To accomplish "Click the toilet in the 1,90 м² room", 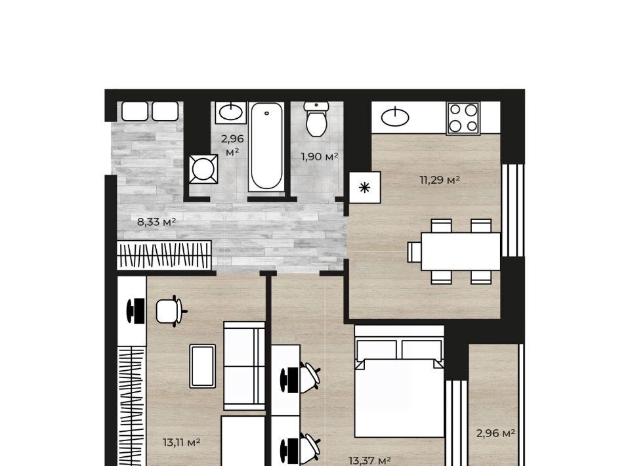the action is pos(316,119).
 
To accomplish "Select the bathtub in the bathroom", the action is pos(266,146).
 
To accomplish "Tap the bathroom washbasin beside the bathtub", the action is pos(230,112).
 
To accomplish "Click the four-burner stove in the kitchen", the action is pos(463,118).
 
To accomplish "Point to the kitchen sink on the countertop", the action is pos(395,117).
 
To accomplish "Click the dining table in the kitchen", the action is pos(461,251).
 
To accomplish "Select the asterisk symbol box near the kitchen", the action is pos(365,187).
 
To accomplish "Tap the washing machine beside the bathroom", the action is pos(203,169).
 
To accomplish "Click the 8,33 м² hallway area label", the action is pos(157,222).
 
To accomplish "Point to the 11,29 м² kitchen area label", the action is pos(440,180).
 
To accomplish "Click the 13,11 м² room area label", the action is pos(182,442).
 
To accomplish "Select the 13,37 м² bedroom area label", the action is pos(369,460).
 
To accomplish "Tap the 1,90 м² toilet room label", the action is pos(320,157).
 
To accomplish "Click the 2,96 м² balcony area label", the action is pos(496,433).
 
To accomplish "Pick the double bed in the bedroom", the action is pos(400,381).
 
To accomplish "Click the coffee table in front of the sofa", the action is pos(203,366).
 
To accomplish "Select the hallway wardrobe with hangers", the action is pos(164,255).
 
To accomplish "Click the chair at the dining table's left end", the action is pos(414,252).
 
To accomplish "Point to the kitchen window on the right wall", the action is pos(513,210).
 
